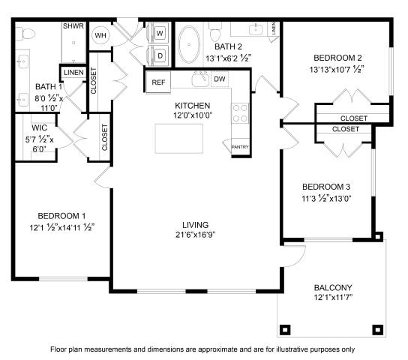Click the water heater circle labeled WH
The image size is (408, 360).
100,35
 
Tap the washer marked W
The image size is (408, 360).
158,33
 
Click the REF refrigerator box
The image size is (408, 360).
158,82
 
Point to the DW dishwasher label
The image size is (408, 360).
220,79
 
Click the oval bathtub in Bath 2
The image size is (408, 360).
189,44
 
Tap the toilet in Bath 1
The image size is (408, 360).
25,34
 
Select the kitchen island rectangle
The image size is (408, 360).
179,139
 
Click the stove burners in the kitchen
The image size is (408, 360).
240,113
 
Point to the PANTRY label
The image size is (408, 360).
240,147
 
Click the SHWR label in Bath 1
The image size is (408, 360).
73,25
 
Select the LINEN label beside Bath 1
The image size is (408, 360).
73,72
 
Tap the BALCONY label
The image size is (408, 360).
333,287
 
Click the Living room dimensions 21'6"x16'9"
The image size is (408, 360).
196,235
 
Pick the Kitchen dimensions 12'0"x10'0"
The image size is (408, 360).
193,115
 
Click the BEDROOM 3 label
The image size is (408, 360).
326,187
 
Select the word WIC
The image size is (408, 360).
40,127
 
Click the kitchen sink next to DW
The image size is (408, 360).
200,79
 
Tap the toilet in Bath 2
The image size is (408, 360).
215,32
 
